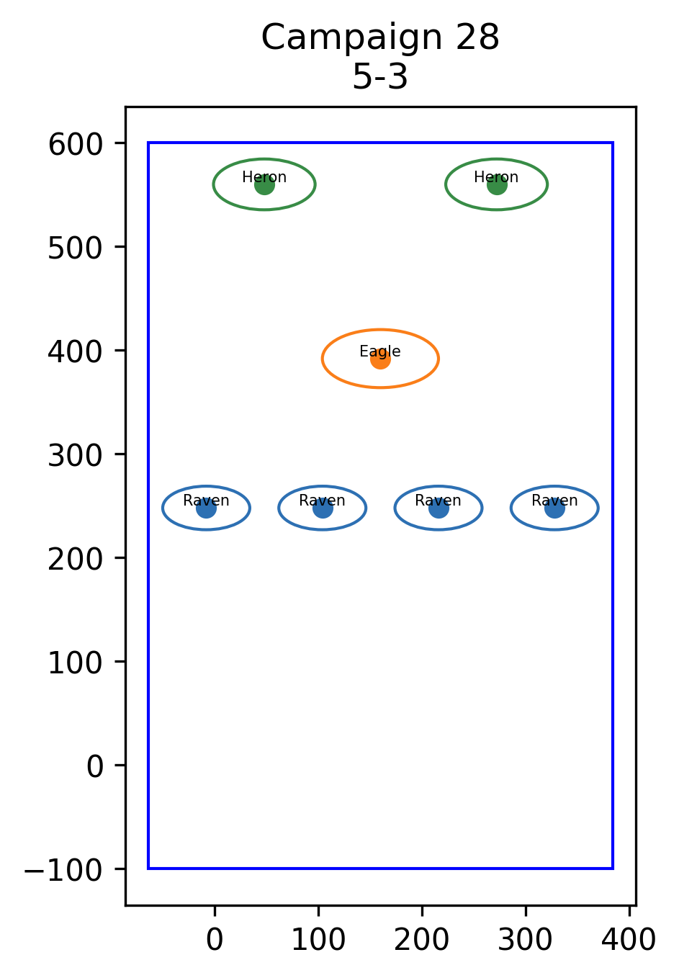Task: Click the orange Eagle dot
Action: (x=380, y=359)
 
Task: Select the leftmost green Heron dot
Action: (x=264, y=184)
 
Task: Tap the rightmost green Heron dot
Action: (x=497, y=184)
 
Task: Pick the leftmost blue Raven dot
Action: (x=206, y=508)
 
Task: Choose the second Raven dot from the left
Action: (x=323, y=508)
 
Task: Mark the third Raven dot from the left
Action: (x=439, y=508)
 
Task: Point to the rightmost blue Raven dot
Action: (x=554, y=508)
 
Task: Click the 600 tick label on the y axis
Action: (x=76, y=145)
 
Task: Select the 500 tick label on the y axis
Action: (x=76, y=248)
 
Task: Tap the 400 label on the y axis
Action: (x=76, y=352)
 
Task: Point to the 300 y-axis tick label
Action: (x=76, y=456)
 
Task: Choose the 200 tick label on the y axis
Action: (x=76, y=560)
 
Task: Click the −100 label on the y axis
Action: (x=63, y=871)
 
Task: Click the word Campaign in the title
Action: (x=352, y=38)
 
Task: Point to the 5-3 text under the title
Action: (x=380, y=76)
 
